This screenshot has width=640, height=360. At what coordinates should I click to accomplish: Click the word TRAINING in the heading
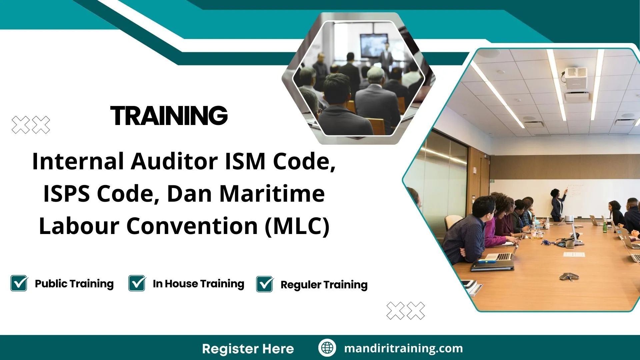(169, 116)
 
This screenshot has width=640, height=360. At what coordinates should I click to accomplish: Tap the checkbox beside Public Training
(19, 283)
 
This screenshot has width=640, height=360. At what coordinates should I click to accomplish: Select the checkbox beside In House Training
(137, 283)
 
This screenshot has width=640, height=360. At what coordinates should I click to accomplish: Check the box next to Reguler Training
(265, 284)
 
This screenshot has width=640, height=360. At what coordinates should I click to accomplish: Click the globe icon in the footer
(327, 348)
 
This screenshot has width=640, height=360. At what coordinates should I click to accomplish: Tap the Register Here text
(248, 349)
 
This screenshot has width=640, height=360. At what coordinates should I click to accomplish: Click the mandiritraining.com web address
(403, 348)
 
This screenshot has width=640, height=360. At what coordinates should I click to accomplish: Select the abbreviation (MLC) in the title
(297, 226)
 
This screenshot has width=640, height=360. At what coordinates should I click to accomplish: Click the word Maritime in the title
(272, 194)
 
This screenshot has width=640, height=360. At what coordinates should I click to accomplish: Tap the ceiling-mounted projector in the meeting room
(575, 77)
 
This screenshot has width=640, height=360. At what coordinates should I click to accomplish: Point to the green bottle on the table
(605, 227)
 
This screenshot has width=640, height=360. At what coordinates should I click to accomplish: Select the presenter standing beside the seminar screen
(387, 57)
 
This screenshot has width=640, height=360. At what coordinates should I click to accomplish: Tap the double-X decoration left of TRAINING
(31, 125)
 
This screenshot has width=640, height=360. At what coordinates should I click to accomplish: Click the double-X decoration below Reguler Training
(406, 311)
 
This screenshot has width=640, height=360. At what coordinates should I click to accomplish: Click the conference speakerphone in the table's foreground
(569, 276)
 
